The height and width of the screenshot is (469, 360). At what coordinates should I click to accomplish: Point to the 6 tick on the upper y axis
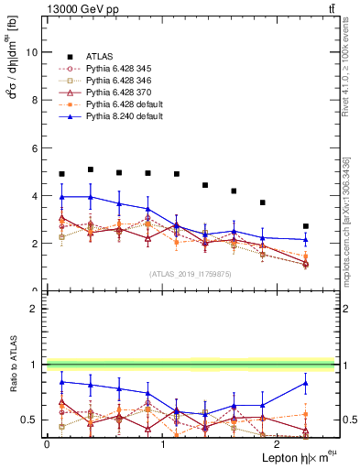tap(37, 148)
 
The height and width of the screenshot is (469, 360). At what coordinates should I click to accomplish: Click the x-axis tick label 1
tap(163, 444)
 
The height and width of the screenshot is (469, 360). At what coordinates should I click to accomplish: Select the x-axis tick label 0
tap(47, 444)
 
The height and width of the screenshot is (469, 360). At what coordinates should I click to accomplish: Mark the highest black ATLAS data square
tap(91, 169)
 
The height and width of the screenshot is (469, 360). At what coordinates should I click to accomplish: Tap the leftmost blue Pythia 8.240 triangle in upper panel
tap(61, 197)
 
